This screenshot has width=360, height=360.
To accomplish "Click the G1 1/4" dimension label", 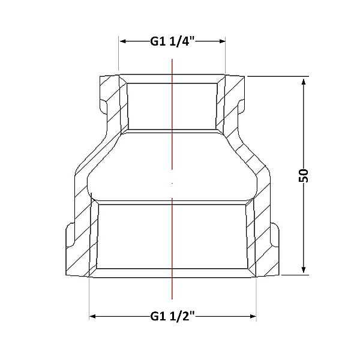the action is (x=172, y=41).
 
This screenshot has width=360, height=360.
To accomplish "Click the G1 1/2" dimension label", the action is (x=172, y=316).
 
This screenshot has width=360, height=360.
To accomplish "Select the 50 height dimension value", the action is (x=303, y=175).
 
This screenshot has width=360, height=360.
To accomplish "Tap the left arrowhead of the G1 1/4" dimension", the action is (x=123, y=41).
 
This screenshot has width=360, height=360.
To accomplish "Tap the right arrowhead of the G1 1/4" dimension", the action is (x=222, y=41).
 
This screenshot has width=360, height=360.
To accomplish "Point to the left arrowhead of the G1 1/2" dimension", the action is (x=92, y=316).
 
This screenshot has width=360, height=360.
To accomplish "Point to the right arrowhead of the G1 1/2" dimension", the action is (x=253, y=316).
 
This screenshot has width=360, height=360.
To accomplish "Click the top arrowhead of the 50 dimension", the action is (x=304, y=82).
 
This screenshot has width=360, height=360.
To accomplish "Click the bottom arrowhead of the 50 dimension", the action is (x=304, y=269).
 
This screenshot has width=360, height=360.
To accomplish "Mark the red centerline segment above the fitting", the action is (x=172, y=114).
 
